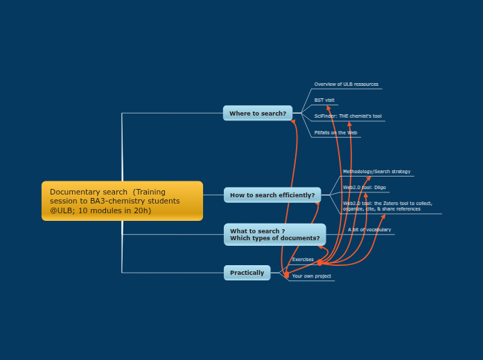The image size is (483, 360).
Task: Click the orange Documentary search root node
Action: (x=122, y=201)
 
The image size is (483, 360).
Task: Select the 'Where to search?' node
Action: (x=258, y=113)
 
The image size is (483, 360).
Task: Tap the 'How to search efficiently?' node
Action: (x=272, y=195)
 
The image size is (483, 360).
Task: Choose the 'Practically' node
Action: (x=247, y=273)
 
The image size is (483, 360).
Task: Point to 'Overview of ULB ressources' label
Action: (x=346, y=84)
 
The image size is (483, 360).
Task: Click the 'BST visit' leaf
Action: (x=324, y=100)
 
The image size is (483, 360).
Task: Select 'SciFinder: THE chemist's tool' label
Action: (x=347, y=116)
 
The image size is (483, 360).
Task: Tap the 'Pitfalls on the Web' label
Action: (x=335, y=132)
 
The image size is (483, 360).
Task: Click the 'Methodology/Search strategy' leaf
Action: (x=376, y=172)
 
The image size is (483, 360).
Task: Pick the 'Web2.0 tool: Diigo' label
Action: (x=364, y=188)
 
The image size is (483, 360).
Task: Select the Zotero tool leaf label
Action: (x=387, y=206)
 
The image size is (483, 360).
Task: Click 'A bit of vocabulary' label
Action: (x=369, y=230)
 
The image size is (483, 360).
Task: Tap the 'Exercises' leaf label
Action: (x=303, y=260)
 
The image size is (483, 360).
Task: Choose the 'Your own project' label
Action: (x=311, y=276)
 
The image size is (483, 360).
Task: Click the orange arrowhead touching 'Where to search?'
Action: (x=293, y=122)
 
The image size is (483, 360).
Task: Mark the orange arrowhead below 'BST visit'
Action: (x=328, y=108)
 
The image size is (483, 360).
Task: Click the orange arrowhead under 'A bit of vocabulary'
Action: (x=384, y=216)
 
